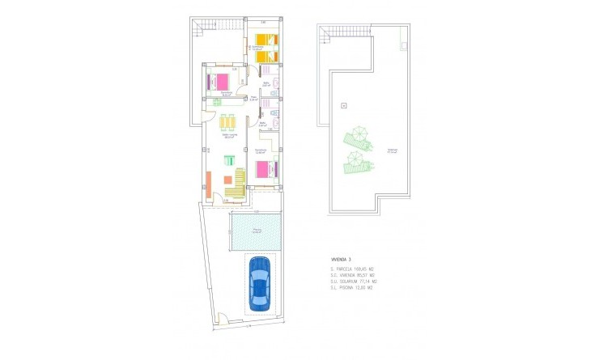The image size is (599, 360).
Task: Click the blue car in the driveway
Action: click(x=260, y=284)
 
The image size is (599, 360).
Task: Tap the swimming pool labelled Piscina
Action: click(x=255, y=231)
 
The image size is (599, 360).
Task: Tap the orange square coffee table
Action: click(x=227, y=181)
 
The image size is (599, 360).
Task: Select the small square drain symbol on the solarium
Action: click(x=343, y=105)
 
